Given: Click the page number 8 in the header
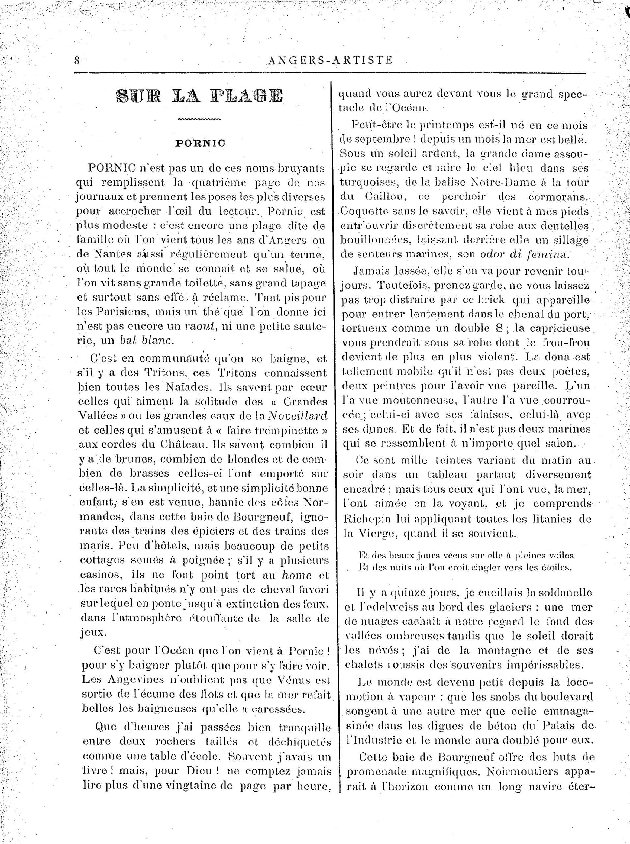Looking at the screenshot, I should click(x=77, y=60).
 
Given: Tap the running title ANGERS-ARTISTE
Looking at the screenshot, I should click(x=330, y=60).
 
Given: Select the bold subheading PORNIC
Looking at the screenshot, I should click(x=200, y=143).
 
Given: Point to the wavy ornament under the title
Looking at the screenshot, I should click(x=199, y=120).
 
